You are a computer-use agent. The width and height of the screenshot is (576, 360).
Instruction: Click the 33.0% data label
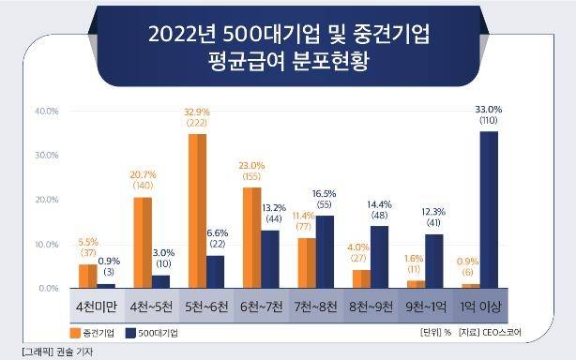pos(489,110)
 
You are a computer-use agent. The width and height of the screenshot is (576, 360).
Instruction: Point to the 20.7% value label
pos(142,175)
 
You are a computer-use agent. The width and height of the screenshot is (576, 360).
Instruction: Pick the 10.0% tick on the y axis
pos(47,244)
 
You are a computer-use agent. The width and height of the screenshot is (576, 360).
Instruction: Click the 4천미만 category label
pos(97,307)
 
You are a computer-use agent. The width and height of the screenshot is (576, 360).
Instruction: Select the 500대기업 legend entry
pos(152,333)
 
